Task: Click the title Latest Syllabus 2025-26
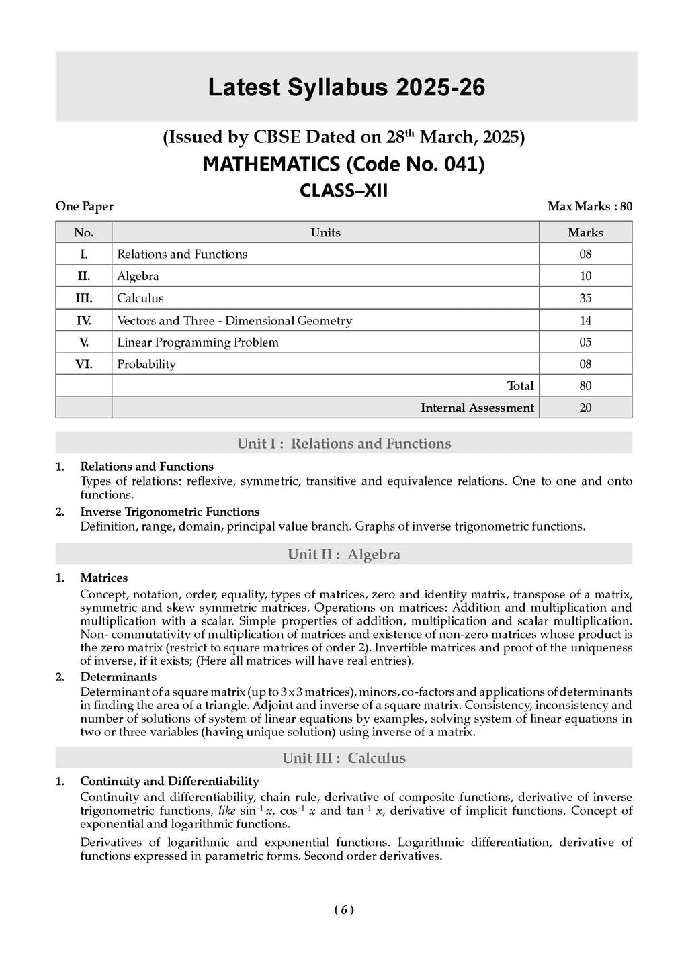coord(346,88)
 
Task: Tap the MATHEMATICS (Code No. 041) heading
coord(343,165)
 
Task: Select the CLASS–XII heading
coord(343,191)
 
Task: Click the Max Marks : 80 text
coord(589,207)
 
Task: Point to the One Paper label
coord(85,207)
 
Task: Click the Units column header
coord(325,233)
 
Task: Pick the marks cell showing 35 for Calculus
coord(585,298)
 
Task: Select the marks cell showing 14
coord(585,321)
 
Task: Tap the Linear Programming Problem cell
coord(198,342)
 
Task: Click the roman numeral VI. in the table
coord(84,365)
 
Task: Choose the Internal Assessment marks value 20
coord(585,408)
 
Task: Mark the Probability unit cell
coord(146,365)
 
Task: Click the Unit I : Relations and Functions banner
coord(343,444)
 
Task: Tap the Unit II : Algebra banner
coord(343,555)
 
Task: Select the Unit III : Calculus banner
coord(343,758)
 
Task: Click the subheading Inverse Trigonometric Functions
coord(169,512)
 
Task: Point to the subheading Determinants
coord(118,677)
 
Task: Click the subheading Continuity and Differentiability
coord(169,782)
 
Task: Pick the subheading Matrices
coord(103,578)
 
